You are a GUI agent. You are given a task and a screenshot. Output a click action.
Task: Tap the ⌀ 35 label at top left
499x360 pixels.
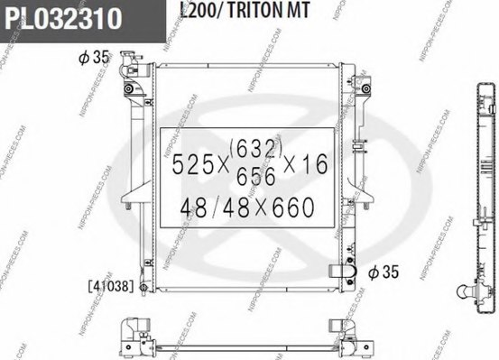point(94,57)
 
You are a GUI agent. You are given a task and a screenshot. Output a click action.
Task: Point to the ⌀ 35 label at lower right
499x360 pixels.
point(382,270)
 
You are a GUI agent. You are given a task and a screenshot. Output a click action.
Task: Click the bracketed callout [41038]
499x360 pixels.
point(109,286)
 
